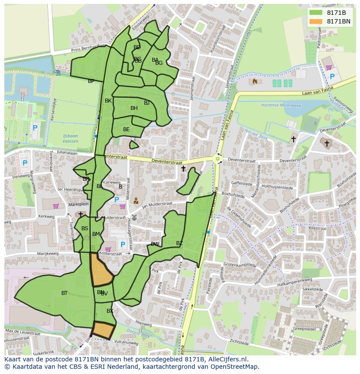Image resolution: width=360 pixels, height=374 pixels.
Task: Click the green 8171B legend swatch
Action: tap(316, 13)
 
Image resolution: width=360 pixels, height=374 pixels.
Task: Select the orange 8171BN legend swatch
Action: tap(316, 21)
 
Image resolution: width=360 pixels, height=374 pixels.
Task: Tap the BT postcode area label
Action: tap(64, 293)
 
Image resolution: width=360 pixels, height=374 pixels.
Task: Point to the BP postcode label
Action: tap(91, 81)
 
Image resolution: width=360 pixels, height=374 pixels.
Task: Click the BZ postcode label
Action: tap(180, 243)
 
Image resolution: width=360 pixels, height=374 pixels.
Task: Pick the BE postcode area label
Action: tap(126, 129)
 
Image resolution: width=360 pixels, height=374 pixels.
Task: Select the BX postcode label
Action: tap(110, 311)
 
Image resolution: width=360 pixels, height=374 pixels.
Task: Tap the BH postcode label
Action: tap(134, 108)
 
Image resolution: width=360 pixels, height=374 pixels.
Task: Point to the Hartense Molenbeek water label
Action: tap(278, 105)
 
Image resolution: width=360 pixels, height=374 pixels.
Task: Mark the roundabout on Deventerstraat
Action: tap(218, 159)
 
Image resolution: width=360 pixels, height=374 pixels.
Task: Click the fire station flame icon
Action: tap(255, 81)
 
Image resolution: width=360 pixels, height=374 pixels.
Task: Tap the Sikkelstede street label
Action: tap(313, 289)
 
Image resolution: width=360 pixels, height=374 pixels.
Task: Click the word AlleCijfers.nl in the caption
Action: tap(227, 359)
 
